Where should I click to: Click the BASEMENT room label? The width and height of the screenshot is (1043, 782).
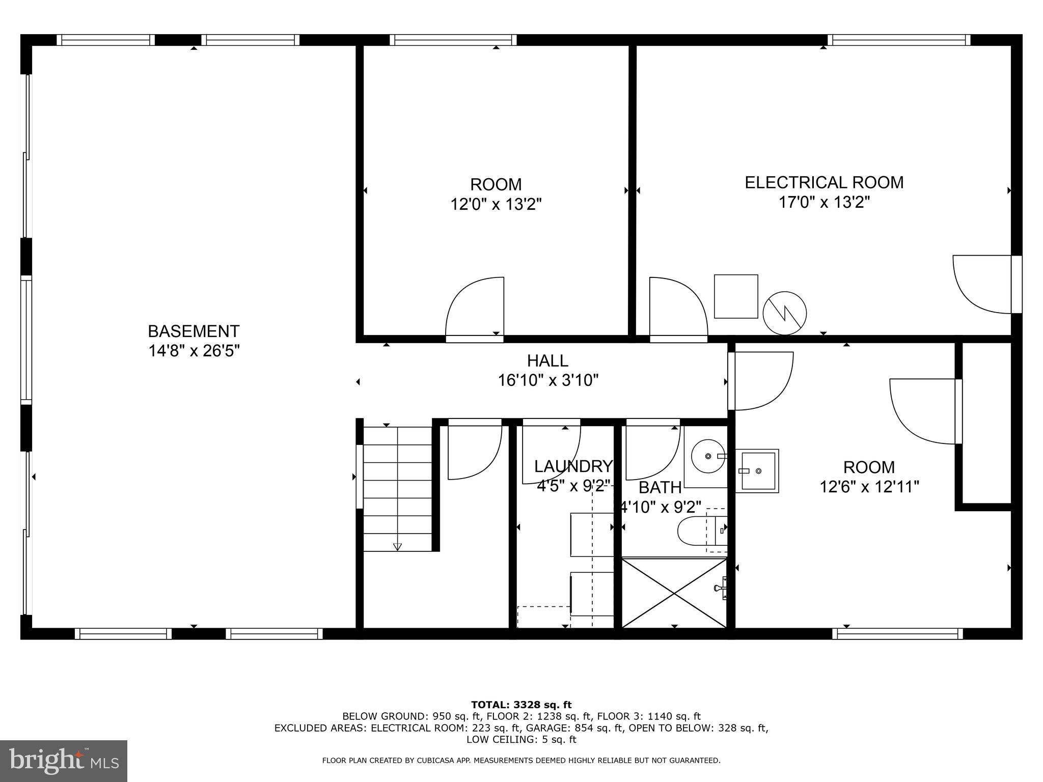pos(193,331)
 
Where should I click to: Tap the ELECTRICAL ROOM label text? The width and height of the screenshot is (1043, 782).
pos(824,182)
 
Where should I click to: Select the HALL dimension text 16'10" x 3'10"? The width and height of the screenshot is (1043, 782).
pos(547,380)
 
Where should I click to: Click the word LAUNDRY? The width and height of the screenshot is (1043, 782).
pos(572,466)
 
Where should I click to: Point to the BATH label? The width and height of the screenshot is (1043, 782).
pos(660,488)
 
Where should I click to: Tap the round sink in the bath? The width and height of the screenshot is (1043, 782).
pos(708,457)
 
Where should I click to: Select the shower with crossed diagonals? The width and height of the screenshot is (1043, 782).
pos(674,593)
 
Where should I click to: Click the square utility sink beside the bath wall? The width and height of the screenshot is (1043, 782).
pos(757,471)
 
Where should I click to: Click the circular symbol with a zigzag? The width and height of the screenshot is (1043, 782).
pos(784,313)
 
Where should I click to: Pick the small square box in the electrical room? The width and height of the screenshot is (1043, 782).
pos(735,296)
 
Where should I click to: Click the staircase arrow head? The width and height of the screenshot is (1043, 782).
pos(397,547)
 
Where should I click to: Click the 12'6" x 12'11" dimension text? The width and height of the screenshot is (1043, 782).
pos(869,487)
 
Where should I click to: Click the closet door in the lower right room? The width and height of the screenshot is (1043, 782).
pos(924,411)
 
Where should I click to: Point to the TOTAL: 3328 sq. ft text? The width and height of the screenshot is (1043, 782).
pos(521,705)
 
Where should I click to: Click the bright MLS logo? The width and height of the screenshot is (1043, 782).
pos(64,761)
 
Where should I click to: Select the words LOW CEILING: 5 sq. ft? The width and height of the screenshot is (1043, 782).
pos(521,739)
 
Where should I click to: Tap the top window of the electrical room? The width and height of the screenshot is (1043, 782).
pos(898,40)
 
